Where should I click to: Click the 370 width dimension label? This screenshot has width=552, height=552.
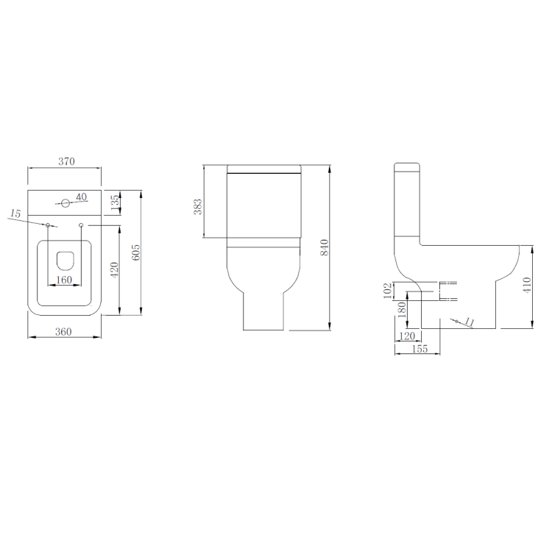pyautogui.click(x=65, y=161)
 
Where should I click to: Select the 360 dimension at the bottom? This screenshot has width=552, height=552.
pyautogui.click(x=64, y=331)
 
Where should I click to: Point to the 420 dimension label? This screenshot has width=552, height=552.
pyautogui.click(x=114, y=269)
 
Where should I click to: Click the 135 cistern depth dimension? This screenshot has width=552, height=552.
pyautogui.click(x=115, y=203)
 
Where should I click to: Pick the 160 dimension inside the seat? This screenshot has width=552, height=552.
pyautogui.click(x=64, y=280)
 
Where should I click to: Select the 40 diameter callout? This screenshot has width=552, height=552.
pyautogui.click(x=81, y=196)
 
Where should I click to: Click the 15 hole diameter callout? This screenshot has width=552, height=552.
pyautogui.click(x=15, y=213)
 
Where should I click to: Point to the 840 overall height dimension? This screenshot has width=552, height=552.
pyautogui.click(x=324, y=248)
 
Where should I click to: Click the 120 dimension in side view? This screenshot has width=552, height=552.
pyautogui.click(x=406, y=336)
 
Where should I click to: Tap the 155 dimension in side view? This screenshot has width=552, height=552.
pyautogui.click(x=418, y=349)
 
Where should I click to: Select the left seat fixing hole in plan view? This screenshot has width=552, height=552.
pyautogui.click(x=48, y=224)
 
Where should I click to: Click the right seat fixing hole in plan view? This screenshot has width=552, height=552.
pyautogui.click(x=80, y=224)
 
